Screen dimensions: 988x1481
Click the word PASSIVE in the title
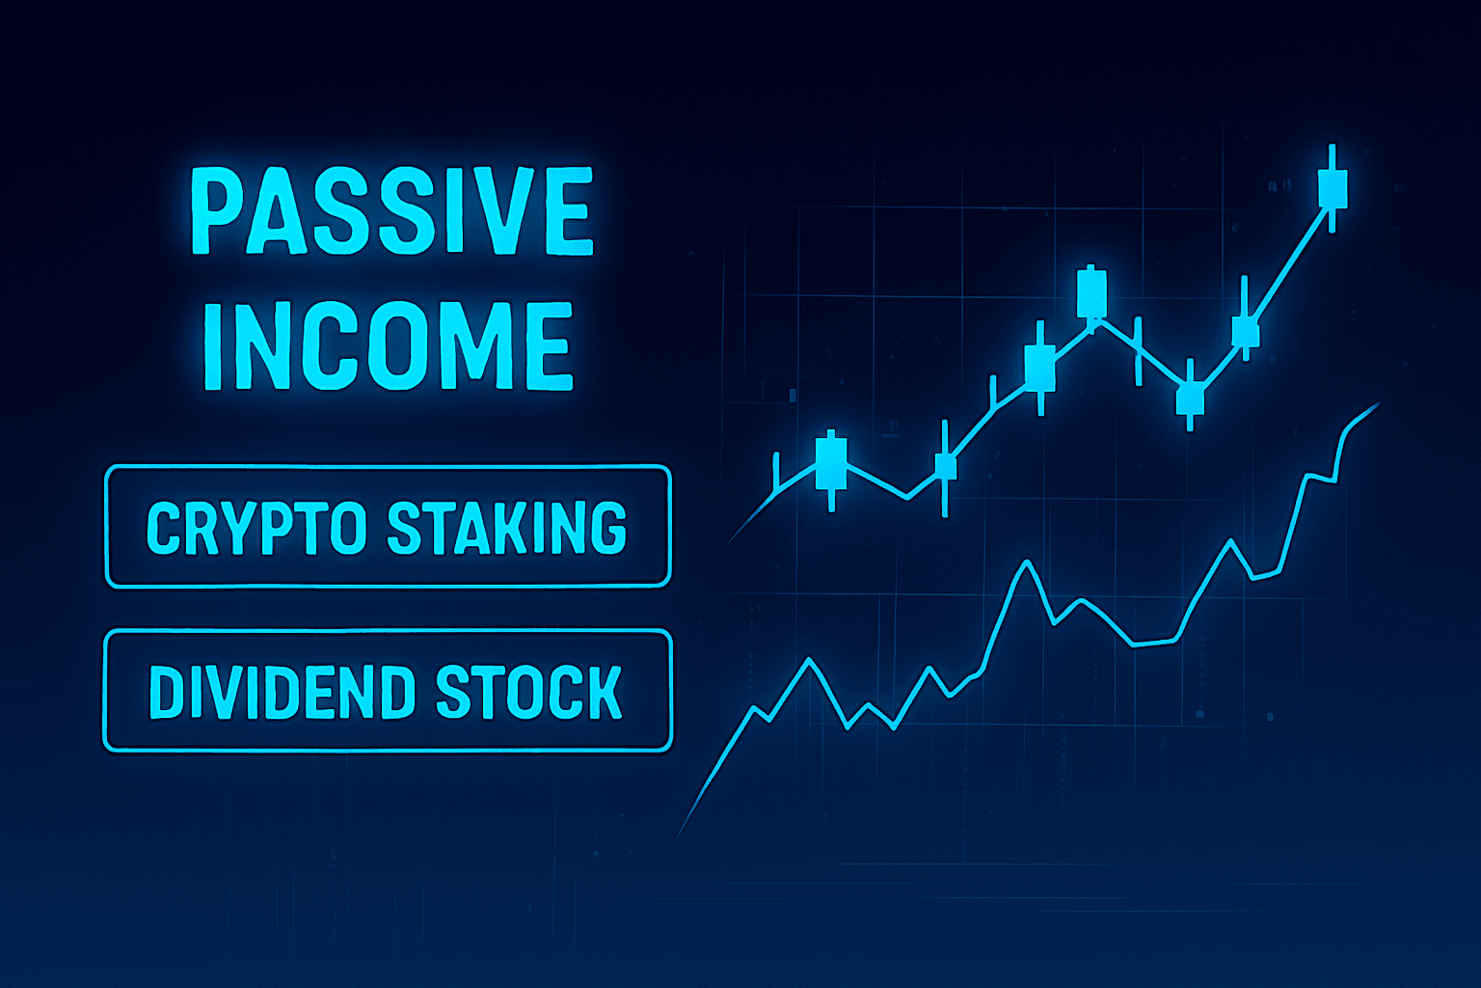tap(390, 211)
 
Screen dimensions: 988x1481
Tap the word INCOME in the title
tap(389, 346)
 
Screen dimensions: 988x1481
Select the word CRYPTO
tap(256, 528)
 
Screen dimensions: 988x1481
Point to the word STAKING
tap(506, 528)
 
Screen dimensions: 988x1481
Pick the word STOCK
tap(529, 692)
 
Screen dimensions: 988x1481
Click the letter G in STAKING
tap(606, 528)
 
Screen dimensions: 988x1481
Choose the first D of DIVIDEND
tap(166, 692)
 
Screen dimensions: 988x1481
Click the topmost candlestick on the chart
tap(1333, 187)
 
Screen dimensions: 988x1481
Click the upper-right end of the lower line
tap(1378, 405)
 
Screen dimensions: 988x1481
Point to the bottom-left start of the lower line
tap(680, 834)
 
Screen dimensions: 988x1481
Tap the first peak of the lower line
tap(809, 660)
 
